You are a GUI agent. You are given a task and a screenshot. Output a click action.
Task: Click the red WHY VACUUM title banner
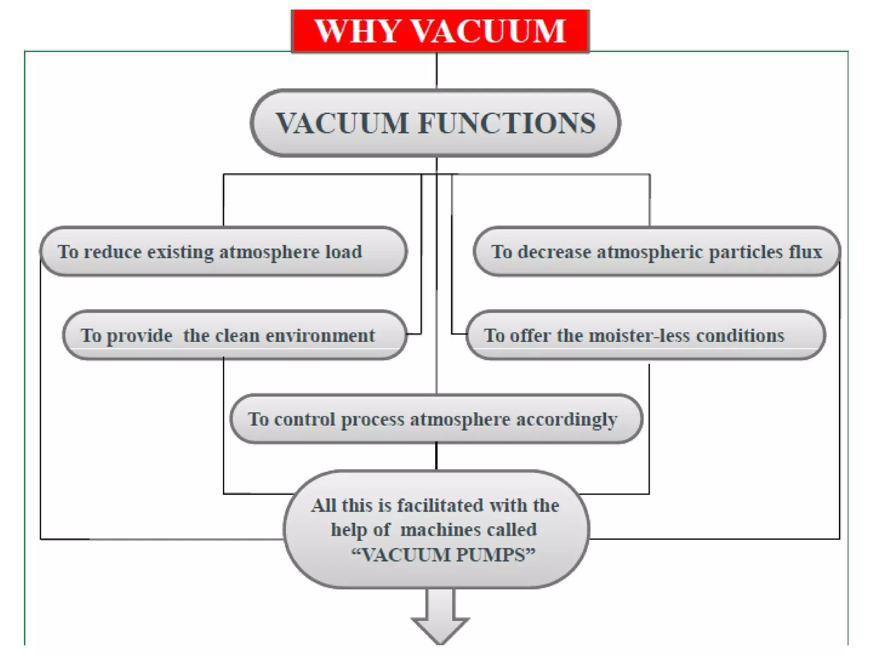(440, 31)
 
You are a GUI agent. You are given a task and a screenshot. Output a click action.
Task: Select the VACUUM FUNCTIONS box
(435, 123)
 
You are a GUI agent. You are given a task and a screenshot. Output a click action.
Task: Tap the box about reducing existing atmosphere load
(223, 252)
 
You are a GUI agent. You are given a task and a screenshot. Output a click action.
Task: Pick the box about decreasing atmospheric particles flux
(656, 252)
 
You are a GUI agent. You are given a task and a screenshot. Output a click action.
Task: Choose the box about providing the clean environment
(234, 335)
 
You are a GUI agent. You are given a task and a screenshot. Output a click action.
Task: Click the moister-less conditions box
(645, 335)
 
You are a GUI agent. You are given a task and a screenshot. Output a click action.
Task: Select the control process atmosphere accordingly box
(436, 419)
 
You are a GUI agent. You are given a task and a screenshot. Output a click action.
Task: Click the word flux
(805, 252)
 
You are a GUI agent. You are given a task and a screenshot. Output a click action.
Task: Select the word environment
(321, 336)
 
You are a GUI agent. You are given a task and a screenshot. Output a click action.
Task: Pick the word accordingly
(567, 420)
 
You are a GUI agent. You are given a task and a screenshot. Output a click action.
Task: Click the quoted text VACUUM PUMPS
(443, 555)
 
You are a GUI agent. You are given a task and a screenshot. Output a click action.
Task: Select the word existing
(180, 252)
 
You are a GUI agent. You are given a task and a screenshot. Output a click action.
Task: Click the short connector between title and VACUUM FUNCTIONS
(436, 71)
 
